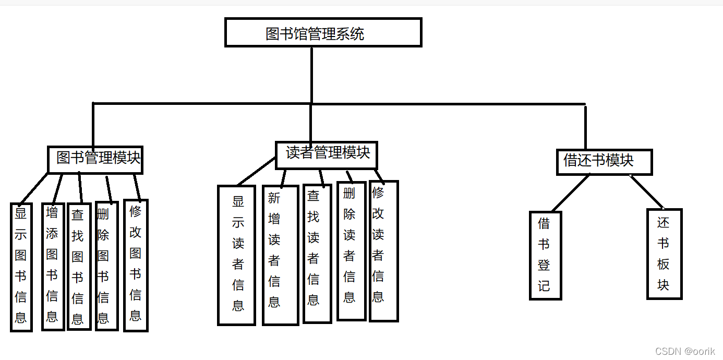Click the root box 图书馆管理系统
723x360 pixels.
pyautogui.click(x=323, y=32)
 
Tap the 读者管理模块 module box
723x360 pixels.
pyautogui.click(x=326, y=155)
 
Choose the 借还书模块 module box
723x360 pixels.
pyautogui.click(x=604, y=162)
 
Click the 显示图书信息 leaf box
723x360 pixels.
pyautogui.click(x=21, y=267)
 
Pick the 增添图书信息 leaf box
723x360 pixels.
pyautogui.click(x=52, y=266)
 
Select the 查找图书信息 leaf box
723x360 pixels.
pyautogui.click(x=78, y=267)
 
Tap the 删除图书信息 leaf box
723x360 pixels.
pyautogui.click(x=104, y=266)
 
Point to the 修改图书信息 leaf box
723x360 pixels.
pyautogui.click(x=135, y=265)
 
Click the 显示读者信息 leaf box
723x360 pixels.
pyautogui.click(x=236, y=255)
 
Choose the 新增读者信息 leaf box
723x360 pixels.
pyautogui.click(x=280, y=255)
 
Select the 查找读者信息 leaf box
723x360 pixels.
pyautogui.click(x=317, y=254)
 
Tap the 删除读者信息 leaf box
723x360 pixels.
pyautogui.click(x=351, y=251)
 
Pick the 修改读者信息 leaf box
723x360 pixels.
pyautogui.click(x=383, y=251)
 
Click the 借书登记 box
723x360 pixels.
pyautogui.click(x=545, y=255)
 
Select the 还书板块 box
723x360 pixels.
pyautogui.click(x=664, y=254)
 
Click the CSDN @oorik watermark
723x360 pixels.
pyautogui.click(x=685, y=351)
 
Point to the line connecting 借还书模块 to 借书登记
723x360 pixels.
pyautogui.click(x=570, y=193)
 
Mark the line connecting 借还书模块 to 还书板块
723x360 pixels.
pyautogui.click(x=647, y=191)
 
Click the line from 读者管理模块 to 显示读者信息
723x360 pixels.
pyautogui.click(x=257, y=171)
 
